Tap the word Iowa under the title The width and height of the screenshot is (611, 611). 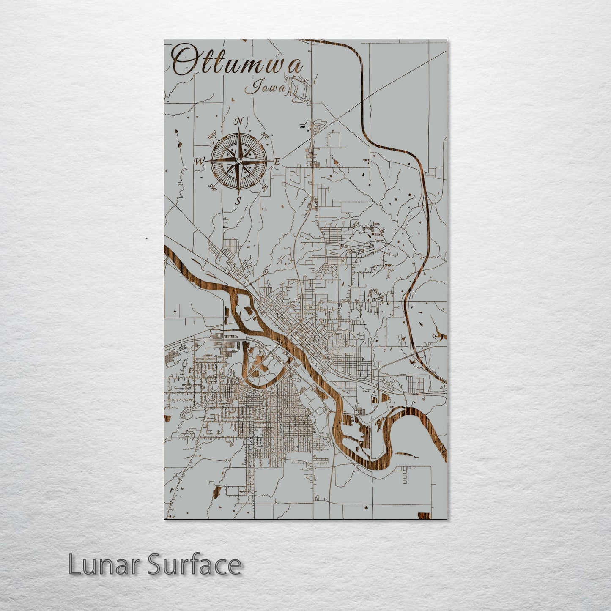click(266, 88)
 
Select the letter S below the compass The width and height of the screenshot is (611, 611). click(238, 201)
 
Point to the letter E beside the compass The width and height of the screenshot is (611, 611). click(277, 161)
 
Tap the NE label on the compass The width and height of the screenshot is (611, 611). click(266, 136)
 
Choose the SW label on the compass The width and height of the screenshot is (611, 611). click(213, 187)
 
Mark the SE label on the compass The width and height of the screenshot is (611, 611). click(265, 188)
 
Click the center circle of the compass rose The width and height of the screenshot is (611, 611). click(238, 161)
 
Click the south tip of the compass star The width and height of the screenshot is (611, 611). click(238, 193)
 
